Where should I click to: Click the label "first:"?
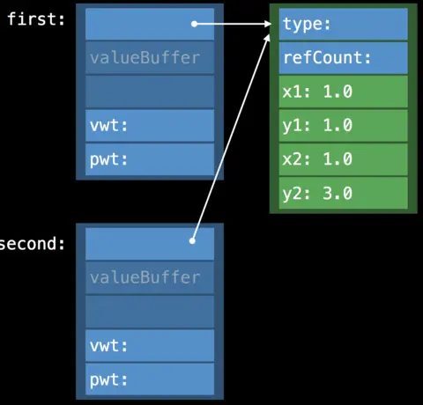click(36, 19)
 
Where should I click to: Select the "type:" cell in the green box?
click(343, 24)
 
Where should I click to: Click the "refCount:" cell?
click(343, 58)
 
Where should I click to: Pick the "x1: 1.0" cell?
click(343, 92)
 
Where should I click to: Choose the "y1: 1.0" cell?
click(343, 125)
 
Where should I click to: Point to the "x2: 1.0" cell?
click(343, 158)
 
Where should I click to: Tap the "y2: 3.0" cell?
click(343, 192)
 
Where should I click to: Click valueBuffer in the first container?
click(150, 58)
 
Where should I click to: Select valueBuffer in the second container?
click(150, 277)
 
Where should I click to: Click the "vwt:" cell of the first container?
click(150, 126)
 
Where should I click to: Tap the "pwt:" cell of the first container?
click(150, 159)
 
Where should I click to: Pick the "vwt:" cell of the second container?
click(150, 346)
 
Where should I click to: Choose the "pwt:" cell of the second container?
click(150, 379)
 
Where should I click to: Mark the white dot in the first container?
click(194, 24)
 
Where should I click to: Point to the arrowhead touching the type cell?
click(269, 25)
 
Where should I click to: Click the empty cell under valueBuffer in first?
click(150, 92)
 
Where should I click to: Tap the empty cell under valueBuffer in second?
click(150, 312)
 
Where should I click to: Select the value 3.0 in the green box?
click(336, 192)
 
